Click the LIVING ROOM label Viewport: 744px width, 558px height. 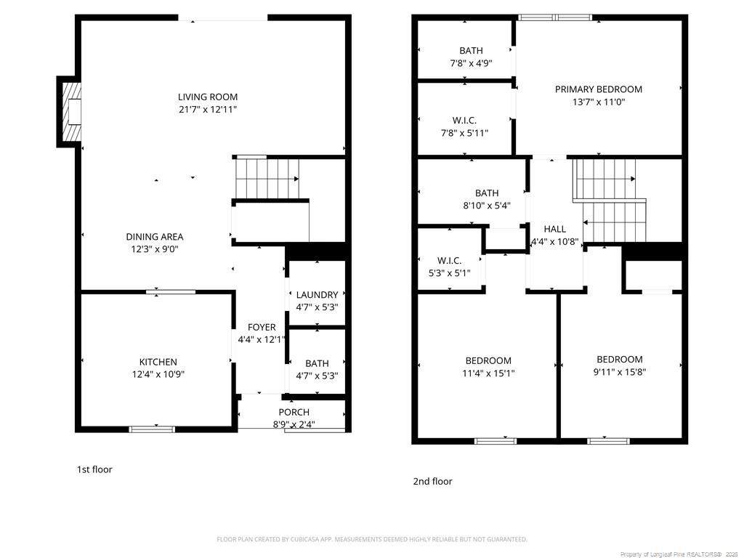point(208,97)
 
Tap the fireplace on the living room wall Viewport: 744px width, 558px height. point(69,112)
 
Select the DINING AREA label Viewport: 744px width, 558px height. point(155,237)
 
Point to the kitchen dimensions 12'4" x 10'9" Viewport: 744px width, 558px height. point(158,374)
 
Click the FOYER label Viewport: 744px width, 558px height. point(262,328)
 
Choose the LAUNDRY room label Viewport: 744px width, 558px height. point(317,295)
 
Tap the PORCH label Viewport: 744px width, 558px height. point(294,413)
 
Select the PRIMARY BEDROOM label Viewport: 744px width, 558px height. point(599,89)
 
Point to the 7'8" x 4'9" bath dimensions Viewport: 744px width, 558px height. point(471,63)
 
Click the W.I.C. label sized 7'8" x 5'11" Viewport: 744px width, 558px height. point(464,121)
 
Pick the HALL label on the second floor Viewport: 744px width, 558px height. point(554,229)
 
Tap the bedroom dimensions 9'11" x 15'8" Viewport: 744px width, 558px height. point(620,372)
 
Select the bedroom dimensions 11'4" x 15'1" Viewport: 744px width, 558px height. point(488,373)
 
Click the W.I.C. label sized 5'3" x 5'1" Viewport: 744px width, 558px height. point(449,261)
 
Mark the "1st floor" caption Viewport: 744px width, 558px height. point(94,469)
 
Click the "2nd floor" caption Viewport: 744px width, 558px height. point(432,481)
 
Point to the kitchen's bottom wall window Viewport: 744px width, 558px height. point(153,429)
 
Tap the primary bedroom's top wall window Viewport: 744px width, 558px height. point(555,17)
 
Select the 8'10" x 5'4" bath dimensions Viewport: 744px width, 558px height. point(487,206)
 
